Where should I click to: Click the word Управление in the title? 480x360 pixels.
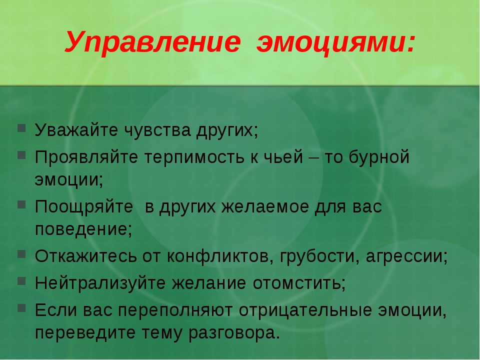point(152,42)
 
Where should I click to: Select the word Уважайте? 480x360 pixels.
point(76,130)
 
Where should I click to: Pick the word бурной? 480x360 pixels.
point(379,157)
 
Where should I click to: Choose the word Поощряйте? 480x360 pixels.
point(84,206)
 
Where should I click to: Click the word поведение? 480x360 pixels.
point(81,229)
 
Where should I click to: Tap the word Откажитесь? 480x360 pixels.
point(85,256)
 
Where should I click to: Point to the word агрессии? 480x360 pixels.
point(404,256)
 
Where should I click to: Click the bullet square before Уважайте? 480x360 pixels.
point(21,128)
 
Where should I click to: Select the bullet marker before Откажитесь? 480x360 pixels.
point(21,254)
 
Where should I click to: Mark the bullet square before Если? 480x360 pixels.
point(21,307)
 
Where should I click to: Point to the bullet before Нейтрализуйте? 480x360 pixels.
point(21,280)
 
